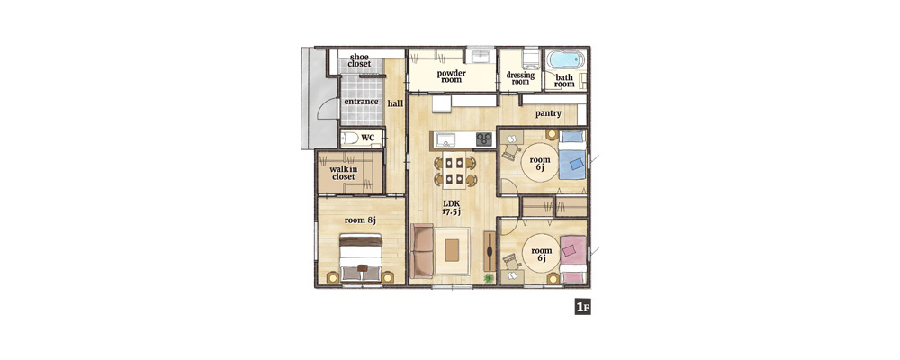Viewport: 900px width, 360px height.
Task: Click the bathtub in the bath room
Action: pyautogui.click(x=565, y=59)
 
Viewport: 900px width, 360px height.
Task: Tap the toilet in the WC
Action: pyautogui.click(x=349, y=138)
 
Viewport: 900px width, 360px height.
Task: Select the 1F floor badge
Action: pyautogui.click(x=582, y=307)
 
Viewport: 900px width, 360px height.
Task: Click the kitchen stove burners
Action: pyautogui.click(x=484, y=139)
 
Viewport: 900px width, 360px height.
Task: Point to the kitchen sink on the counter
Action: pyautogui.click(x=445, y=139)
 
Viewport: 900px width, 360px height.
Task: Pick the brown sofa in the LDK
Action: pyautogui.click(x=422, y=250)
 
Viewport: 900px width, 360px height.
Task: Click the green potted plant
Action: pyautogui.click(x=489, y=278)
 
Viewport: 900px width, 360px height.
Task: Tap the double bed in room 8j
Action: pyautogui.click(x=361, y=257)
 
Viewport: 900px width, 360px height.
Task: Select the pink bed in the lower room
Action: pyautogui.click(x=572, y=259)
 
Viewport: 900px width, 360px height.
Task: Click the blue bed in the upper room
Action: pyautogui.click(x=572, y=156)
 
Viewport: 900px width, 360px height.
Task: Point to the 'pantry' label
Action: pyautogui.click(x=548, y=113)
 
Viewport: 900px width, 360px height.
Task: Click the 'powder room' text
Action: pyautogui.click(x=452, y=76)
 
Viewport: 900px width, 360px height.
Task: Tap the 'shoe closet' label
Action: pyautogui.click(x=359, y=60)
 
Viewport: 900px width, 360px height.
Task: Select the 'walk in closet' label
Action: pyautogui.click(x=343, y=173)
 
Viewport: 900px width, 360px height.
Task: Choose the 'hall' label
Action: pyautogui.click(x=395, y=103)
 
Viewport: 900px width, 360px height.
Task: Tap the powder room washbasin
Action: pyautogui.click(x=480, y=57)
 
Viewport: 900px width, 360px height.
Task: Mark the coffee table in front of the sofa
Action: pyautogui.click(x=453, y=250)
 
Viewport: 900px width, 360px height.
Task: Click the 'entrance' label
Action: pyautogui.click(x=361, y=102)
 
